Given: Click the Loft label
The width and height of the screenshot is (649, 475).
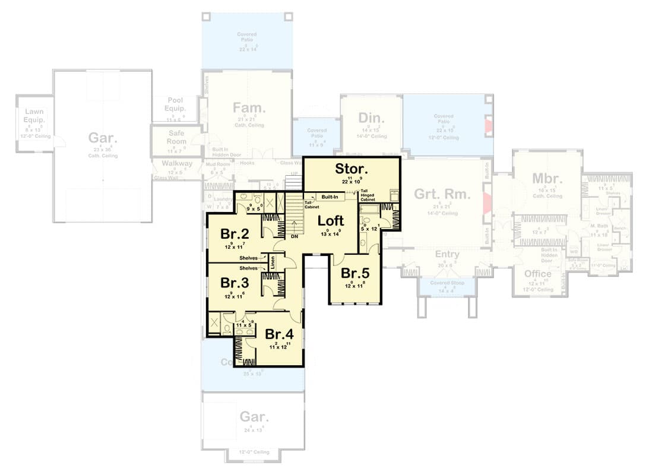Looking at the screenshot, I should (331, 221).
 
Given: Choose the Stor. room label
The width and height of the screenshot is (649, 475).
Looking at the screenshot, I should (352, 169).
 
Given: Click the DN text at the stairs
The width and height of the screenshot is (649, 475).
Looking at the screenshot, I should (295, 236).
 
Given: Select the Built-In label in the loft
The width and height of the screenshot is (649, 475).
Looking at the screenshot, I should (331, 197).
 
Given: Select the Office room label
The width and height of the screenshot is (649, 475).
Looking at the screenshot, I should (537, 274).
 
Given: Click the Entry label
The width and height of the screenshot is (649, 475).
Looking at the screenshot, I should (447, 254).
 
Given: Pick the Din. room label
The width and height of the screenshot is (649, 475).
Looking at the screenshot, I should (372, 116).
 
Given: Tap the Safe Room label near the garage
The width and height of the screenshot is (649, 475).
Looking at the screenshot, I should (177, 138).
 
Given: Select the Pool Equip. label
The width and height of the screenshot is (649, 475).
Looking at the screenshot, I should (176, 104).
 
